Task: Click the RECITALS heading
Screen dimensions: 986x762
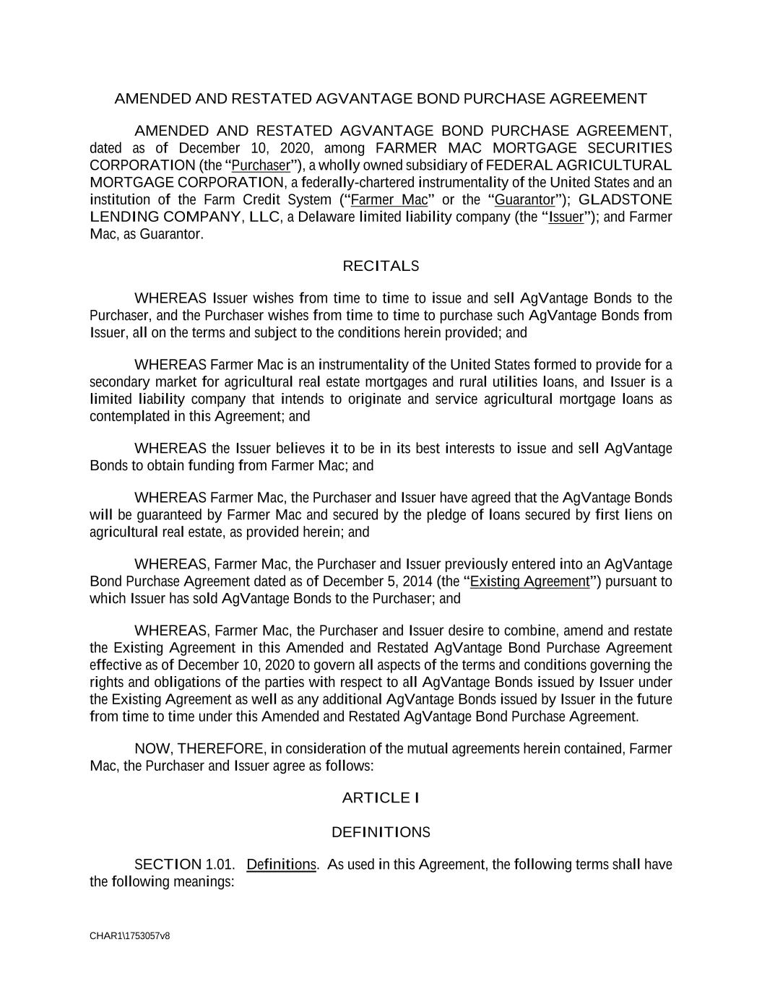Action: (x=381, y=267)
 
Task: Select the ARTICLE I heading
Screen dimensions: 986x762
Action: (x=381, y=798)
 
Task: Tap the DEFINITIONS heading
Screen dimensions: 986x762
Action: (x=381, y=832)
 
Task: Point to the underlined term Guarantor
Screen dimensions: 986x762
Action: (x=524, y=200)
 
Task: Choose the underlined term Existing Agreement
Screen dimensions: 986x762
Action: (x=529, y=582)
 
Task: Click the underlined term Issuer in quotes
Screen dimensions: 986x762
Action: (x=566, y=217)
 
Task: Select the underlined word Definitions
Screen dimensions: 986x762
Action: (x=281, y=865)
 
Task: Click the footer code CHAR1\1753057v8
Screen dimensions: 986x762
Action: (x=130, y=936)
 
